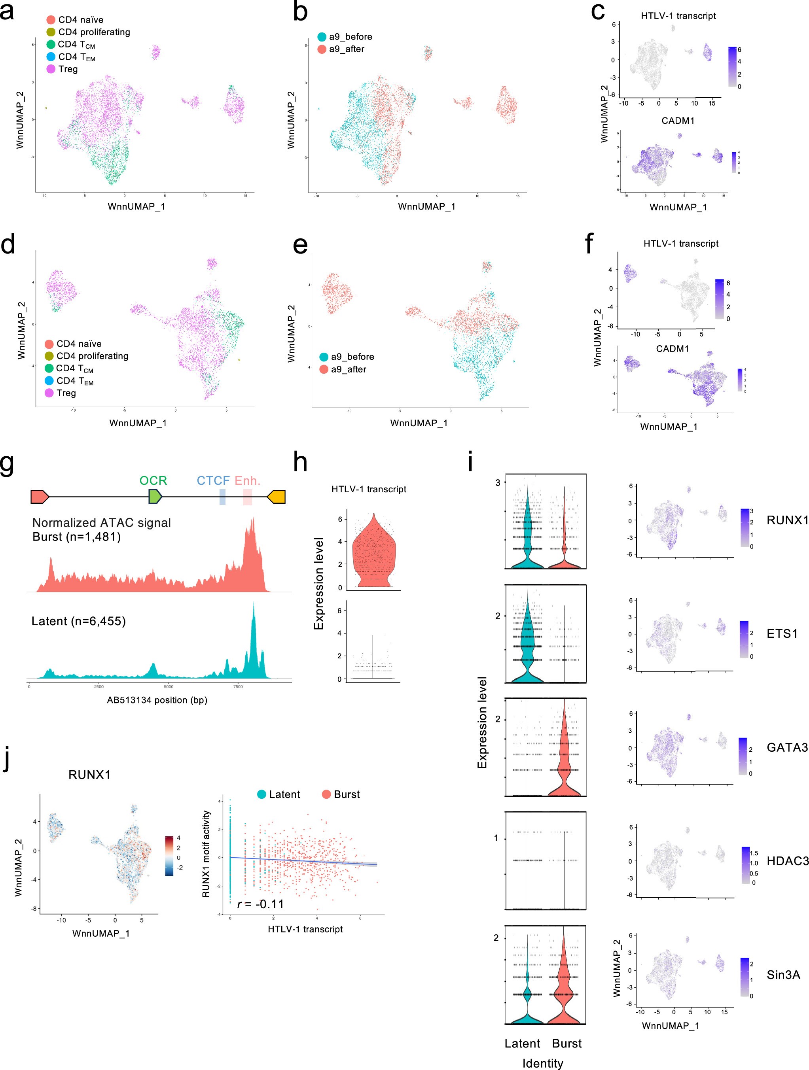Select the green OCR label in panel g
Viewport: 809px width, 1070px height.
click(x=153, y=480)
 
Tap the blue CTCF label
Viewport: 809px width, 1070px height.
click(x=213, y=480)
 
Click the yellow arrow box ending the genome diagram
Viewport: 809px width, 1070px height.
click(x=277, y=497)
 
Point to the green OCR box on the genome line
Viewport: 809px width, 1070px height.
click(x=155, y=497)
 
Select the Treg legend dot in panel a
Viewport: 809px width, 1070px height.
click(x=51, y=69)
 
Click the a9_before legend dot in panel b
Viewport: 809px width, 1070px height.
click(x=322, y=37)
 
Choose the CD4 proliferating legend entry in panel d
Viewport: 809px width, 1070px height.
click(x=92, y=356)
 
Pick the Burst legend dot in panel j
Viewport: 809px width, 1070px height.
click(x=326, y=794)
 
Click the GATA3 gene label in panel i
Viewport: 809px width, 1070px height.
click(x=787, y=747)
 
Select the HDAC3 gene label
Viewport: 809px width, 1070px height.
click(x=787, y=861)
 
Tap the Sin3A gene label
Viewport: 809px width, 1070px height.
click(x=783, y=975)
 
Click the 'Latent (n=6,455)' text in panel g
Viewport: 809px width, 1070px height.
click(x=78, y=621)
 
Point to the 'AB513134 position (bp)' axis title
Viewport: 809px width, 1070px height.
click(x=157, y=700)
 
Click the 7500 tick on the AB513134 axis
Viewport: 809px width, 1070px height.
click(x=238, y=686)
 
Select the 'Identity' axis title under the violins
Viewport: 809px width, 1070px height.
click(x=542, y=1063)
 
